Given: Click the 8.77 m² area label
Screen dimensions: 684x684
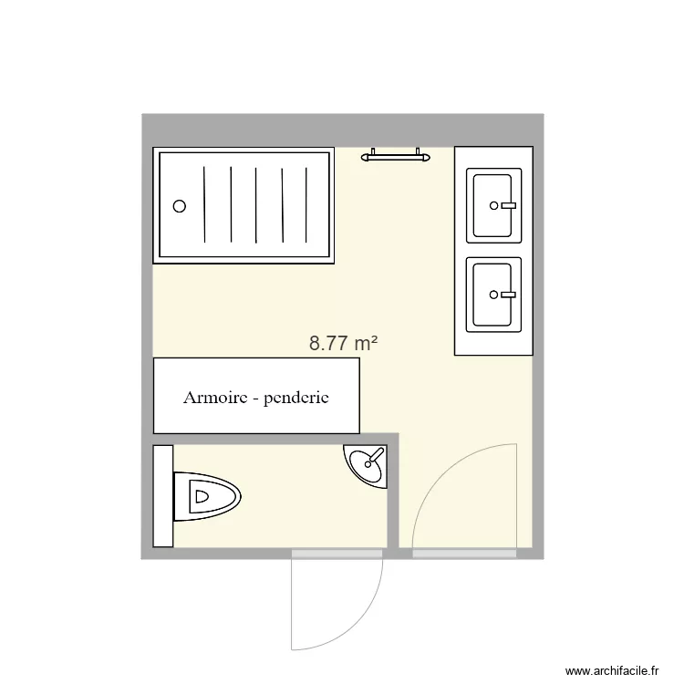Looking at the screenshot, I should click(x=344, y=344).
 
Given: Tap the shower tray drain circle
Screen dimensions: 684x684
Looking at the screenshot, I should click(x=180, y=206).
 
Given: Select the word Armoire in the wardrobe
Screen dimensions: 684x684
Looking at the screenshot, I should click(x=214, y=398).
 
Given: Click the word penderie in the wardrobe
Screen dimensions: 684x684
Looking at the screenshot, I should click(x=295, y=399).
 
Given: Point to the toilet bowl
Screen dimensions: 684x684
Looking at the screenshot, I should click(x=210, y=497).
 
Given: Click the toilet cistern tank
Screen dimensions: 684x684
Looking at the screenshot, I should click(x=163, y=496).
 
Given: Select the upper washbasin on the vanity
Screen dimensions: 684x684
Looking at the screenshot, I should click(x=493, y=205).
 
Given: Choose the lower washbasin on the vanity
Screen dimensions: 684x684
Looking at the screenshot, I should click(x=493, y=295).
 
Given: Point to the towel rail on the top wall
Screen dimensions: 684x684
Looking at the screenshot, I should click(x=396, y=157).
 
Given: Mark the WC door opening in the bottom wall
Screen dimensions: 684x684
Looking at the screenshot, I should click(x=337, y=553).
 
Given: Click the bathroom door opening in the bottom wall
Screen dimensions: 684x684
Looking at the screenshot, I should click(x=464, y=553).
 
